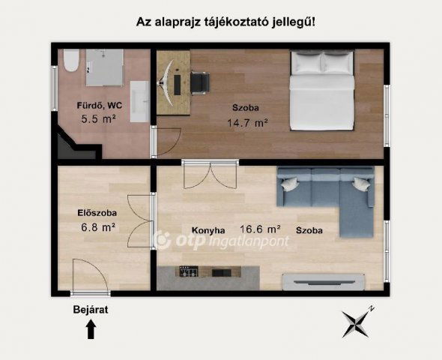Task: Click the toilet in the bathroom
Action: tap(70, 61)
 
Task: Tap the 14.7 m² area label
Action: tap(247, 122)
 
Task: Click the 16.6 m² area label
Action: tap(259, 229)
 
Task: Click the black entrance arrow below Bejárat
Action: tap(91, 328)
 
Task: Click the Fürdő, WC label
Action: tap(98, 105)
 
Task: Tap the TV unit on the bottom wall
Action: tap(324, 281)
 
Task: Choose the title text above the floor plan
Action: tap(225, 22)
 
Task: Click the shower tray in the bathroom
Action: tap(104, 67)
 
